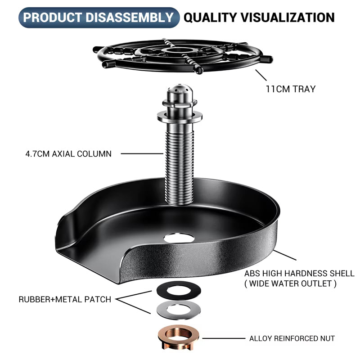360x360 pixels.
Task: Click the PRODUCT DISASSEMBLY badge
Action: pyautogui.click(x=98, y=18)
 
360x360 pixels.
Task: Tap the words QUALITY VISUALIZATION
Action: pyautogui.click(x=259, y=18)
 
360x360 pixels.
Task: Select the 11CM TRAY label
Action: pyautogui.click(x=290, y=89)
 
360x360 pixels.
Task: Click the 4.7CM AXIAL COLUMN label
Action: pyautogui.click(x=68, y=153)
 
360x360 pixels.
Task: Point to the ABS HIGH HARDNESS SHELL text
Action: pyautogui.click(x=299, y=274)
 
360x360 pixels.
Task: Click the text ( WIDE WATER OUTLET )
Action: pyautogui.click(x=290, y=283)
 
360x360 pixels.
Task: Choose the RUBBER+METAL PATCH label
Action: pyautogui.click(x=65, y=299)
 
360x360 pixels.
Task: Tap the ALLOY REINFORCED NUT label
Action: pyautogui.click(x=292, y=338)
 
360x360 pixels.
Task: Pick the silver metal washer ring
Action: pyautogui.click(x=178, y=310)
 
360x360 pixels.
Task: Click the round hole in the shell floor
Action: pyautogui.click(x=179, y=238)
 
